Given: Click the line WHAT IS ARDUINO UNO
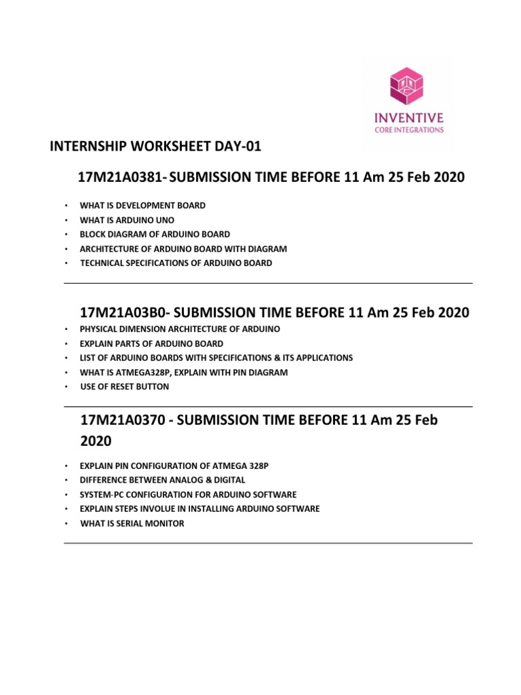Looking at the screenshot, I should (127, 219).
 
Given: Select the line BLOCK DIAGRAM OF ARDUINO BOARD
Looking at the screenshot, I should (155, 233).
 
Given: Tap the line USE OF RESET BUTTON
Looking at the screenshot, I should (125, 387).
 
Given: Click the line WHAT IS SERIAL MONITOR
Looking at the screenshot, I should (132, 523).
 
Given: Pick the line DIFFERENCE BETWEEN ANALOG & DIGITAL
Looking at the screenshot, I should (162, 480).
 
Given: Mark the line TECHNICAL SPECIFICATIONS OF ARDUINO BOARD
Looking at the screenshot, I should (176, 263).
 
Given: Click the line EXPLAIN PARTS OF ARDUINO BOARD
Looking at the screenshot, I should (151, 343).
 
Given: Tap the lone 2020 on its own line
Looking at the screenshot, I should (96, 441).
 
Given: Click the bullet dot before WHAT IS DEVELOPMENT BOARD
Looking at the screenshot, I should (66, 205).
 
